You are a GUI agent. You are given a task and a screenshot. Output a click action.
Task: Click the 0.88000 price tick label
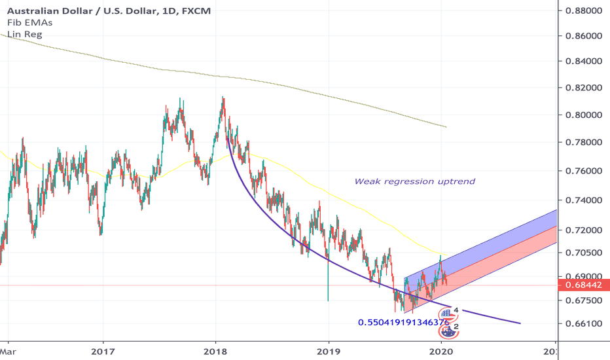click(585, 10)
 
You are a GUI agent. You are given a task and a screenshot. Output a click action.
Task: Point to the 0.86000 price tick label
click(585, 35)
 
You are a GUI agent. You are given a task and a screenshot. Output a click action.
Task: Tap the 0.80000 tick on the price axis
click(585, 115)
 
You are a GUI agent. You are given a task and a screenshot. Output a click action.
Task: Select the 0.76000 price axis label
click(585, 171)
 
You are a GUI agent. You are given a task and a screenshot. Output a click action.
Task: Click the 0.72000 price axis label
click(585, 230)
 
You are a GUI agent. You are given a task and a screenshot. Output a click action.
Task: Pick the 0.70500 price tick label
click(585, 253)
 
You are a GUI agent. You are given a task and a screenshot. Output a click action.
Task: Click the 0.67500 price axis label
click(585, 300)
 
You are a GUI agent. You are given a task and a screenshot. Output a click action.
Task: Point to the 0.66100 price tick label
click(585, 323)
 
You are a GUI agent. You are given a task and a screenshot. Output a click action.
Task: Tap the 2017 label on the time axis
click(103, 351)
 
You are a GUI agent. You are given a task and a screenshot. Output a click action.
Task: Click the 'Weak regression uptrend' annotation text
click(414, 181)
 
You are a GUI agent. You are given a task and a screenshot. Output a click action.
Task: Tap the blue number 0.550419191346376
click(403, 323)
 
